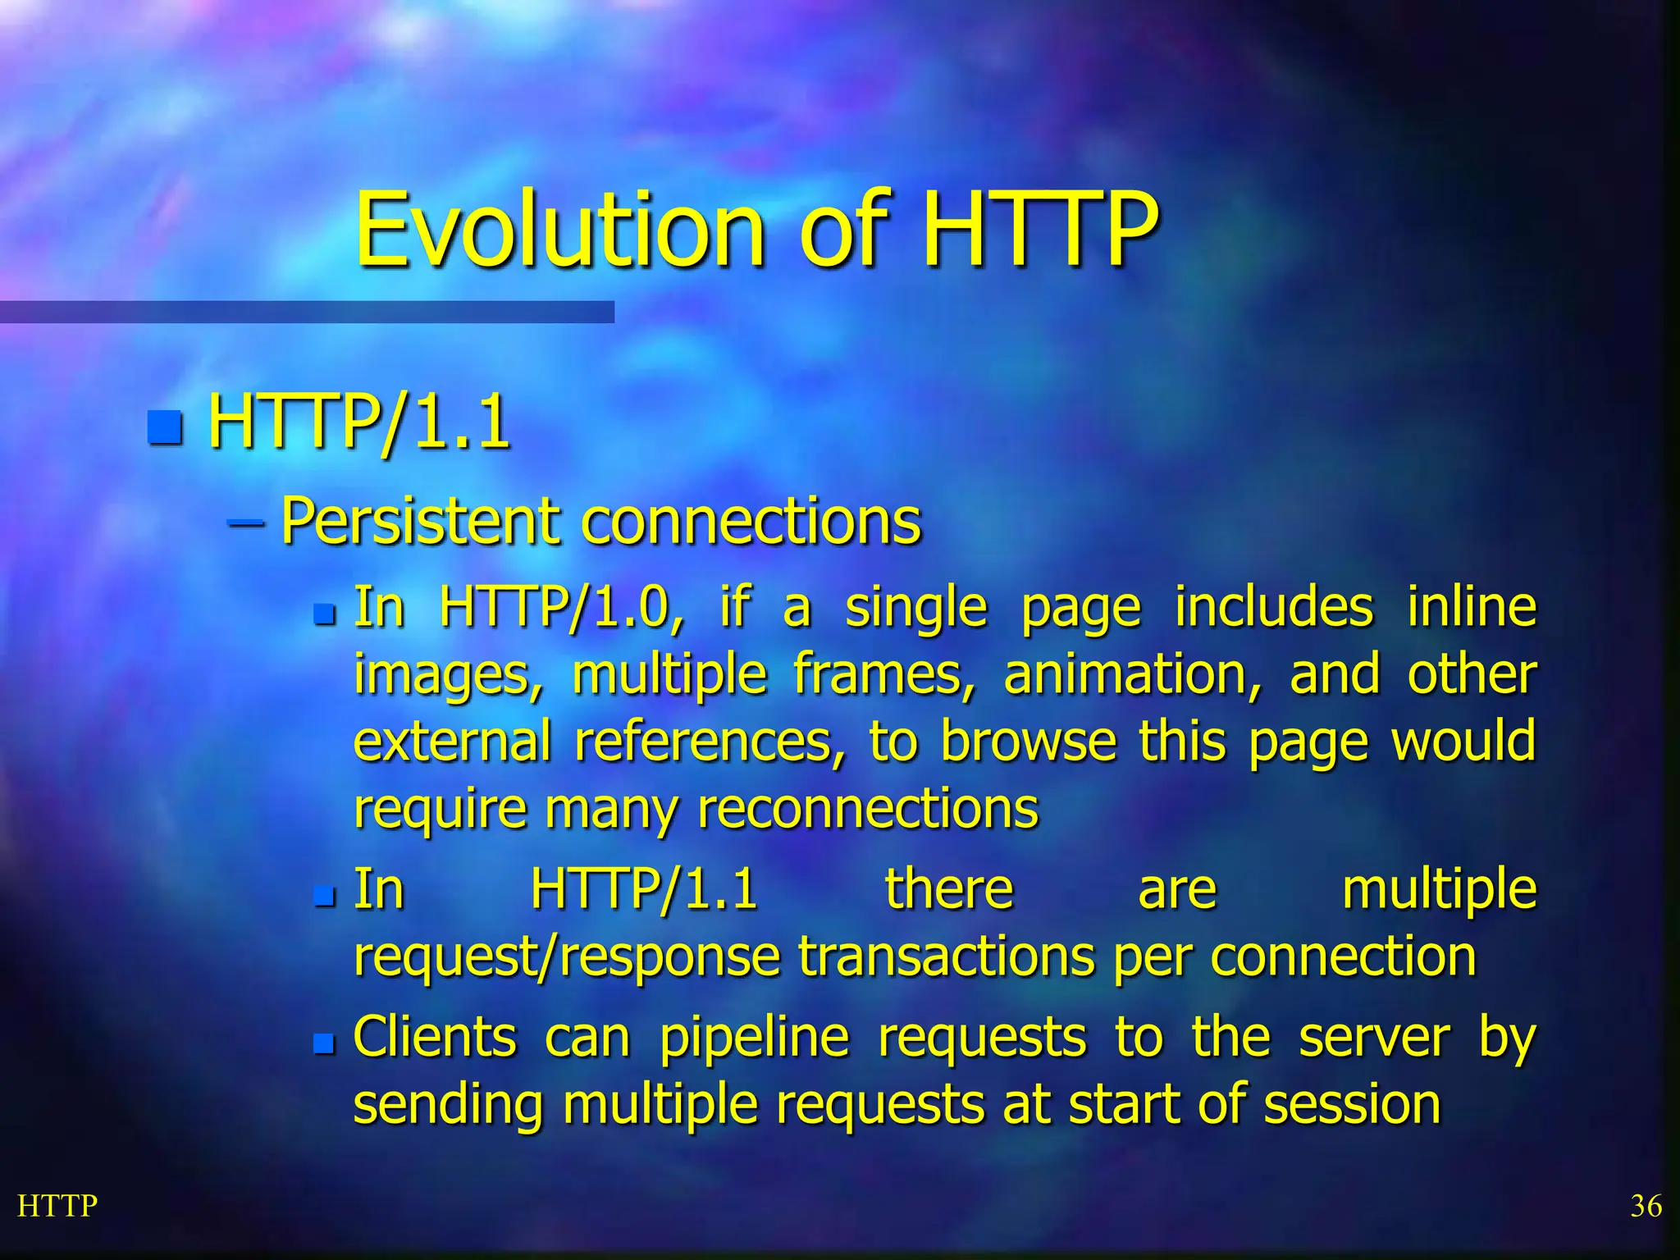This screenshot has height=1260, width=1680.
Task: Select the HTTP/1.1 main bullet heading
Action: (358, 423)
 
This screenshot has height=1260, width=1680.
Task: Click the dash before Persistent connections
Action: (245, 523)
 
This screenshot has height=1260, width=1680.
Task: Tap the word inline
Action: (1472, 607)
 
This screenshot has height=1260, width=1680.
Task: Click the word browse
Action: (1028, 741)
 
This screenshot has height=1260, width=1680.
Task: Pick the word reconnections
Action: (868, 808)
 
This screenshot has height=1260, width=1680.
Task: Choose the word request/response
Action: (567, 956)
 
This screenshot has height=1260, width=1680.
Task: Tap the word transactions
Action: (947, 956)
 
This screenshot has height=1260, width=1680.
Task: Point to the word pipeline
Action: (754, 1037)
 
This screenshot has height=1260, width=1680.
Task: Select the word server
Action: (1375, 1037)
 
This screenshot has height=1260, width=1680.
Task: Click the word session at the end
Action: (1352, 1104)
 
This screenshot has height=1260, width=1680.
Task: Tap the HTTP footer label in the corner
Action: (57, 1206)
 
